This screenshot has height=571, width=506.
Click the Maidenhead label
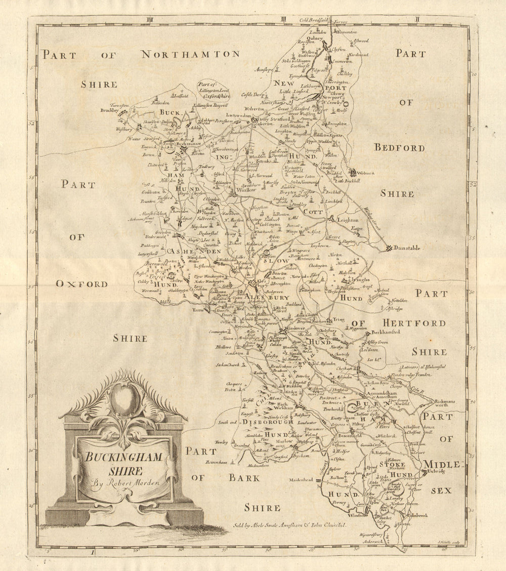click(299, 479)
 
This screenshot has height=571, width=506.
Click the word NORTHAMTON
click(190, 54)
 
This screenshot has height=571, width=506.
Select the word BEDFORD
click(406, 148)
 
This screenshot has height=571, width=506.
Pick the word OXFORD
click(82, 284)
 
